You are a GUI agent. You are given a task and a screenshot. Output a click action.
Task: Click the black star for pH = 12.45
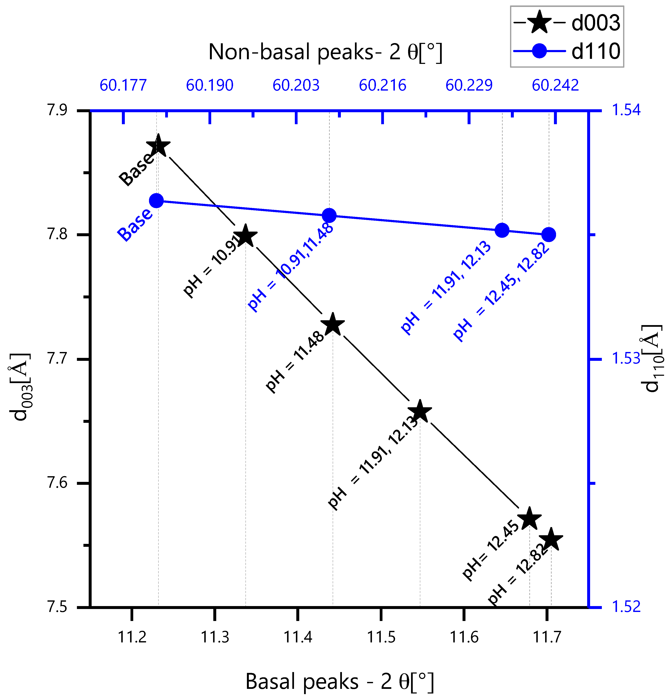tap(529, 519)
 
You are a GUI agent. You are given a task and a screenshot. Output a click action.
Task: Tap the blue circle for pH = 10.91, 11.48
tap(329, 215)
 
